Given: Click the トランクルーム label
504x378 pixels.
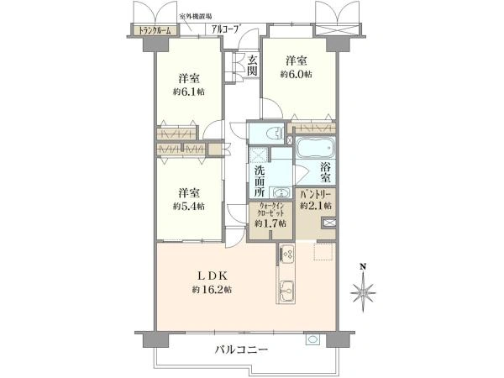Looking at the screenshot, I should tap(155, 31).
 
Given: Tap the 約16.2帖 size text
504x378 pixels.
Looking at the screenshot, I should tap(211, 290).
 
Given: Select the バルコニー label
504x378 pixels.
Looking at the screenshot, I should tap(241, 349).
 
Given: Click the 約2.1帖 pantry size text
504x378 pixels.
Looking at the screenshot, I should tap(317, 206).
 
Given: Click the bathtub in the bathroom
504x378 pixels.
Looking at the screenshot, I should tap(317, 150).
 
